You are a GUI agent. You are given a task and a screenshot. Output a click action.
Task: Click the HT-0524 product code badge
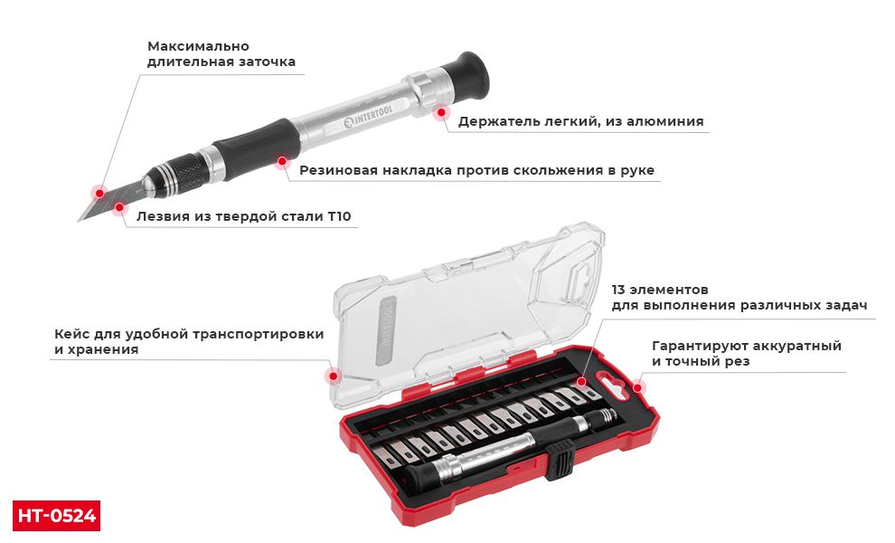click(56, 515)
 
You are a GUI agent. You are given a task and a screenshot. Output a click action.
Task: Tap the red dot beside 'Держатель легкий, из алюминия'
click(441, 113)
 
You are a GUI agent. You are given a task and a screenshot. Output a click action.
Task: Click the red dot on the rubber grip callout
click(282, 162)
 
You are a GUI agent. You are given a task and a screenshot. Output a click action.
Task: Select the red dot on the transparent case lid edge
click(333, 375)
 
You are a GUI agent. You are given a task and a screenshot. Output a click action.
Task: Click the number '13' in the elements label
click(620, 290)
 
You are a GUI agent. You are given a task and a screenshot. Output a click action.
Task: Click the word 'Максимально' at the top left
click(198, 46)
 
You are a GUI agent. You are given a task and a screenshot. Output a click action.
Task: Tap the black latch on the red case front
click(561, 461)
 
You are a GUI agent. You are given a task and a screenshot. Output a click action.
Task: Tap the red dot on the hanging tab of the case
click(637, 388)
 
